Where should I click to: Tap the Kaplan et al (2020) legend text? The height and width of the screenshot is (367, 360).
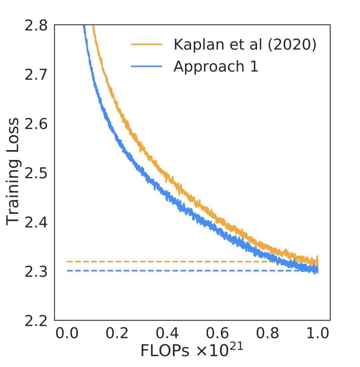point(245,45)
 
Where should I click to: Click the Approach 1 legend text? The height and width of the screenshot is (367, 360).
point(216,66)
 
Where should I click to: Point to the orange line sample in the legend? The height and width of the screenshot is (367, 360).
point(146,45)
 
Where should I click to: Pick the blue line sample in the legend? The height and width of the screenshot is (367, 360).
point(146,66)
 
